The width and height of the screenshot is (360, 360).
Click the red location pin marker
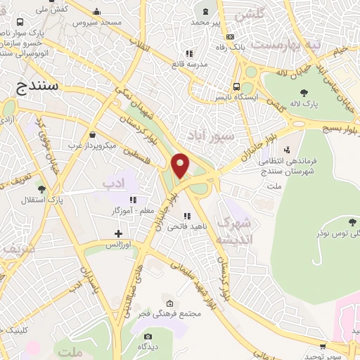coord(181,166)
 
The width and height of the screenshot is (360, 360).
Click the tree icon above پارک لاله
coord(304,93)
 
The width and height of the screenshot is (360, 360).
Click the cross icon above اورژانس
coord(118,233)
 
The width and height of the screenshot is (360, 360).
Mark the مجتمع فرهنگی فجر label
coord(170,312)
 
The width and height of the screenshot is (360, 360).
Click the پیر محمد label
coord(207,22)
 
